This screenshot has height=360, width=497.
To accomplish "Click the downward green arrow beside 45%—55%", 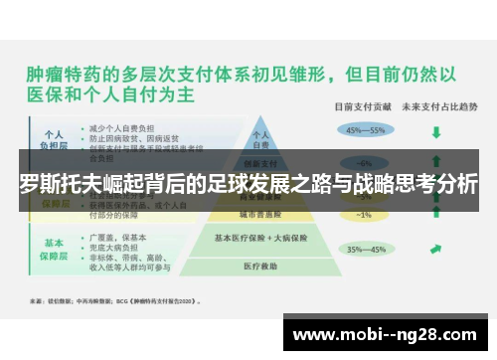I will tap(436, 130).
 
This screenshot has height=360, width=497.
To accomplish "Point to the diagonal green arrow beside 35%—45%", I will tap(436, 249).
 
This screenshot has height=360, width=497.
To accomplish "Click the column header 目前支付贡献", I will tap(364, 106).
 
